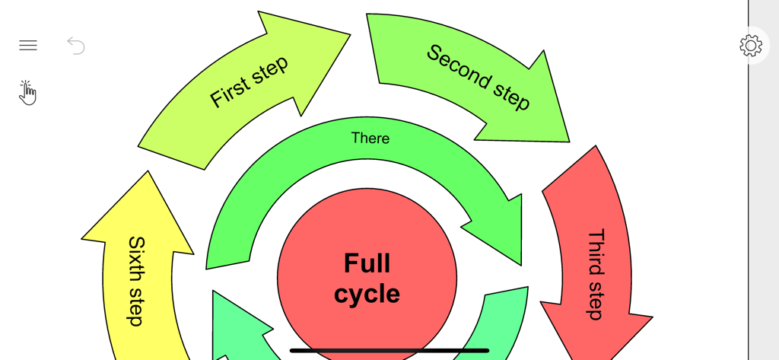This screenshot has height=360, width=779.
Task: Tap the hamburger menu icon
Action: pyautogui.click(x=28, y=46)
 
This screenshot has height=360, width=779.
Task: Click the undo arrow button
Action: pyautogui.click(x=76, y=46)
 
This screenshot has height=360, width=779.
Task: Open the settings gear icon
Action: pyautogui.click(x=751, y=46)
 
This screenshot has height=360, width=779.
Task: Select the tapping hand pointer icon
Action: pyautogui.click(x=27, y=93)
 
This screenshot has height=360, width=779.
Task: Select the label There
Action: pyautogui.click(x=370, y=139)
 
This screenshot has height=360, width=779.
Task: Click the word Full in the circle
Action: pyautogui.click(x=367, y=263)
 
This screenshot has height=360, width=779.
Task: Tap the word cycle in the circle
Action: pyautogui.click(x=367, y=294)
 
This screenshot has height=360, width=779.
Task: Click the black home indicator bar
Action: pyautogui.click(x=389, y=351)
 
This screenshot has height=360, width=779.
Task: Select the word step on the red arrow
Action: pyautogui.click(x=596, y=302)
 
